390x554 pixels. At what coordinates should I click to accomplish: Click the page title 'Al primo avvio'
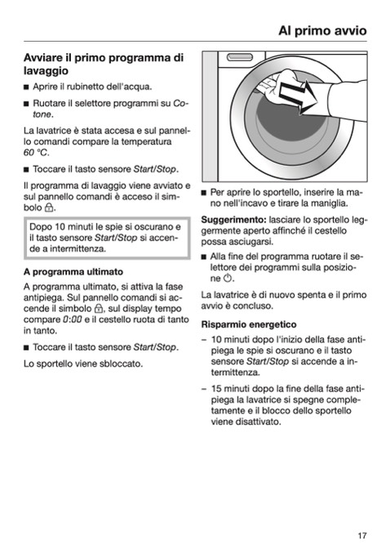tap(322, 31)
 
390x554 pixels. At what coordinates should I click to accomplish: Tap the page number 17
tap(362, 536)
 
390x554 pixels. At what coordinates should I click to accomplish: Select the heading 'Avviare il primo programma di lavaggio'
tap(104, 64)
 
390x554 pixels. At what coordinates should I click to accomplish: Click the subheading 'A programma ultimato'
tap(73, 272)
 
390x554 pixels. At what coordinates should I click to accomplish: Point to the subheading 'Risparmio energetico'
tap(249, 324)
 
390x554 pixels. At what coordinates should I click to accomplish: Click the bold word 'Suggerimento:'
tap(233, 220)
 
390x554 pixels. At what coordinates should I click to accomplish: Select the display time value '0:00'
tap(73, 319)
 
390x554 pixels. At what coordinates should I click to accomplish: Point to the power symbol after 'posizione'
tap(228, 278)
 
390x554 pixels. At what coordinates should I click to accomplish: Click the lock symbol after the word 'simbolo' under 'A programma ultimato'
tap(99, 308)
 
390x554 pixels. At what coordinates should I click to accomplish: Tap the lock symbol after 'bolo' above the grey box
tap(49, 208)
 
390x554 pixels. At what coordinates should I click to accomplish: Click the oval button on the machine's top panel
tap(240, 57)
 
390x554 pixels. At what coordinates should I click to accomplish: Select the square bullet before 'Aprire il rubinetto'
tap(26, 87)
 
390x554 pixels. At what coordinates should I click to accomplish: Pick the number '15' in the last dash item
tap(216, 389)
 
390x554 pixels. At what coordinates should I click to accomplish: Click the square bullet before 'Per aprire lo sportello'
tap(203, 193)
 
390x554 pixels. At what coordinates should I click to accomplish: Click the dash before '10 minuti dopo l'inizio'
tap(204, 340)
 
